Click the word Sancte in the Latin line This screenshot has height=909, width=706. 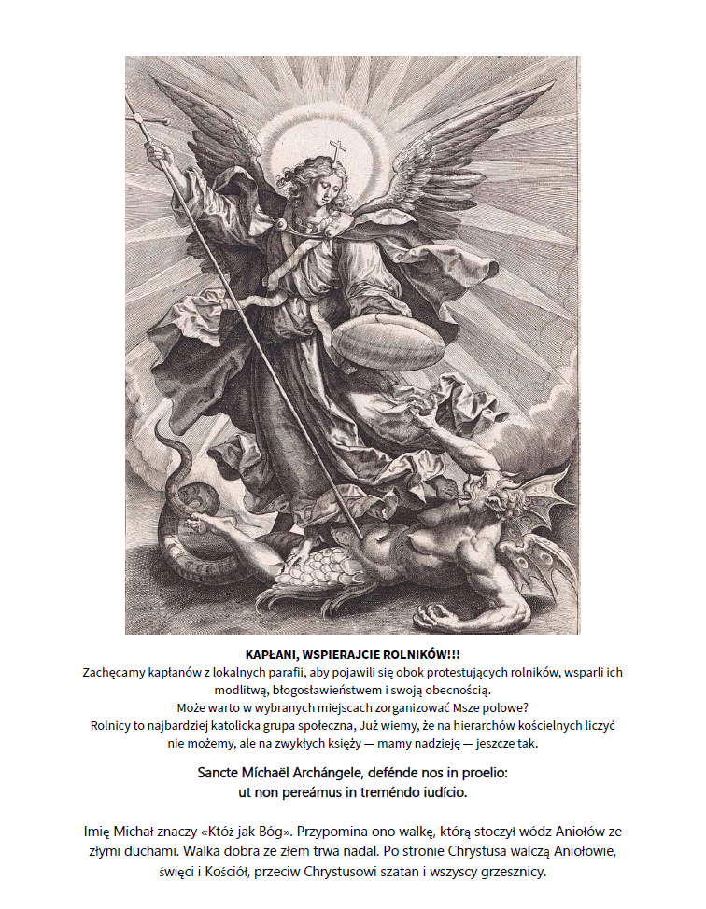tap(225, 775)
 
